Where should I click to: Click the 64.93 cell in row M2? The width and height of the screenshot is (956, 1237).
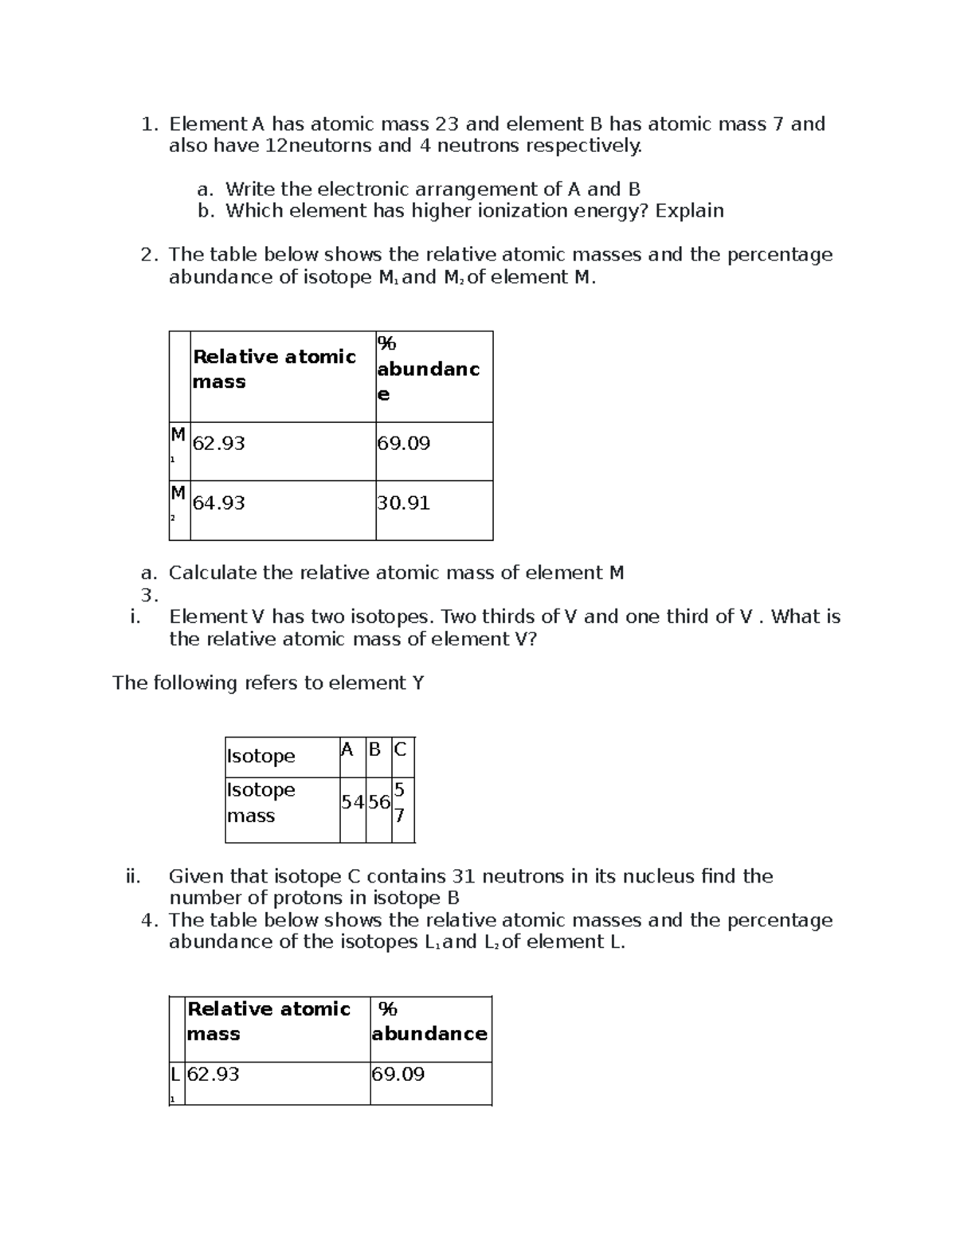219,503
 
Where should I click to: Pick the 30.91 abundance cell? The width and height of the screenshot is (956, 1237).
404,503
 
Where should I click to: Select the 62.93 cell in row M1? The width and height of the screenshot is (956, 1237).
219,444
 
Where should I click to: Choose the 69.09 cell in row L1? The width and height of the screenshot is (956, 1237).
398,1075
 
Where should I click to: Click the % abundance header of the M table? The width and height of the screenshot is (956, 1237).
428,369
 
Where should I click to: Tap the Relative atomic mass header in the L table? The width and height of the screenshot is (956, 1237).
268,1021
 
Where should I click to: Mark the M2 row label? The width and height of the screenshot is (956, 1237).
178,503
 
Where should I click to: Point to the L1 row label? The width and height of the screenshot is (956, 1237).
175,1081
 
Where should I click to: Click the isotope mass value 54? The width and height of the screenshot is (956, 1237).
352,803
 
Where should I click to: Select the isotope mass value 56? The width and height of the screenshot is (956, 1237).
378,803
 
